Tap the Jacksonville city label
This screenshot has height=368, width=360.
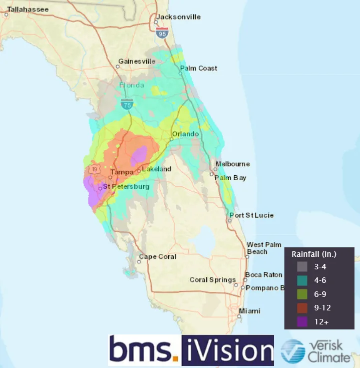pos(178,17)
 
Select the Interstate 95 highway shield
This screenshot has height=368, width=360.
pos(162,34)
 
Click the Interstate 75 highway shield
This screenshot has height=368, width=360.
pos(127,104)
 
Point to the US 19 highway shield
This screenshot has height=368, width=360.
pos(94,170)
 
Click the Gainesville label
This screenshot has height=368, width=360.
pos(137,62)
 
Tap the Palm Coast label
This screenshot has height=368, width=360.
pos(199,68)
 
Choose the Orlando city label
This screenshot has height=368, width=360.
pos(185,134)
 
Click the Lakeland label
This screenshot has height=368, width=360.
pos(156,169)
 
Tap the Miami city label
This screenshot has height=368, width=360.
pos(249,311)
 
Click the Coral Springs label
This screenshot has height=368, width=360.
pos(212,280)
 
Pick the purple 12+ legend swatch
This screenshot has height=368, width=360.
pos(302,322)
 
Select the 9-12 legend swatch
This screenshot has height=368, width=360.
pos(302,308)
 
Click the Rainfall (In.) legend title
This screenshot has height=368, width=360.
pos(314,254)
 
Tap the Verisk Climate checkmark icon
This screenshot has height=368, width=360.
pos(292,351)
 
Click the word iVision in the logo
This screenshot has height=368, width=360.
pos(227,349)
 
